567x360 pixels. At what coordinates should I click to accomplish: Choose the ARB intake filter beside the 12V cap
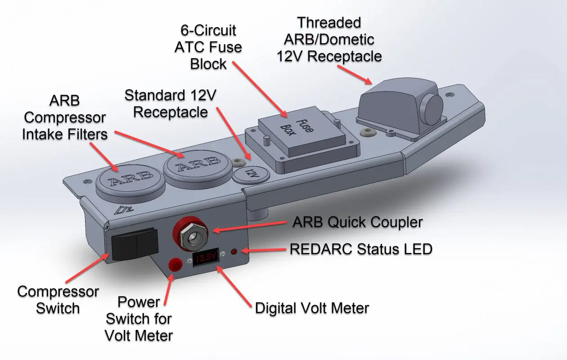click(x=196, y=166)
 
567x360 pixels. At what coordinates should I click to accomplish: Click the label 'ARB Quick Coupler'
click(x=358, y=222)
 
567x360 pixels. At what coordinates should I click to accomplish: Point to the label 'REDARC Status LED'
click(x=361, y=249)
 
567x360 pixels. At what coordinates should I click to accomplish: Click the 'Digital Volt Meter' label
click(x=312, y=308)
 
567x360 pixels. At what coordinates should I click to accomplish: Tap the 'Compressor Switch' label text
click(x=58, y=300)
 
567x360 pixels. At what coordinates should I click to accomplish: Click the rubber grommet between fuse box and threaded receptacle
click(x=368, y=133)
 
